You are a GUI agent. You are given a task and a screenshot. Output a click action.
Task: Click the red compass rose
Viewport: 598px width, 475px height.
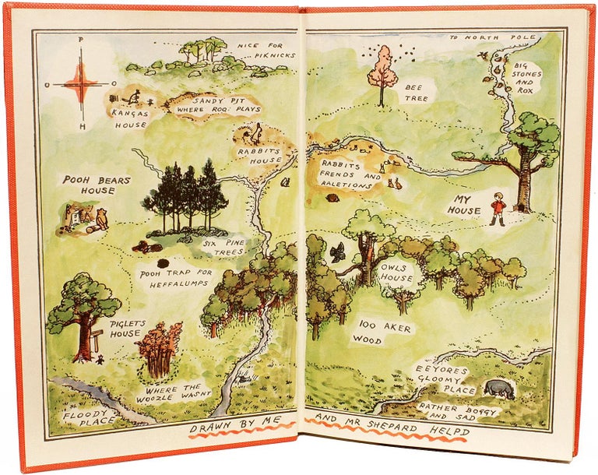(80, 83)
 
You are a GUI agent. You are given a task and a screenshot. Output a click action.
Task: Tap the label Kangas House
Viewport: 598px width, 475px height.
(128, 118)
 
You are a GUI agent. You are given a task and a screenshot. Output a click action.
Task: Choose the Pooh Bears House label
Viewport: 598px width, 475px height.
(97, 185)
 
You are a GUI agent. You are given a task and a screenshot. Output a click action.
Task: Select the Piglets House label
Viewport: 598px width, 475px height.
(125, 329)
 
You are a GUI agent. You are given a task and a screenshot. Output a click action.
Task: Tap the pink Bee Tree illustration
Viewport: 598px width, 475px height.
(382, 70)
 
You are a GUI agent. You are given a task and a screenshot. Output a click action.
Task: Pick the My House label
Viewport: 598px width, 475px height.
(464, 205)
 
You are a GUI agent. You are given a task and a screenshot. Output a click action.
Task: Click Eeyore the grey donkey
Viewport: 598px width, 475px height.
(499, 389)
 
